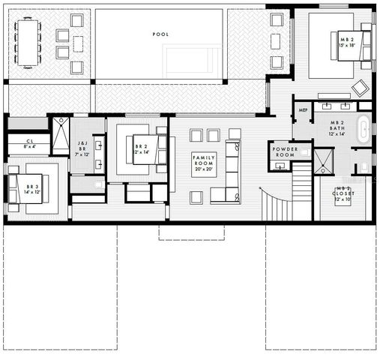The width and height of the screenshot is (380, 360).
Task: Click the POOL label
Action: [x=160, y=34]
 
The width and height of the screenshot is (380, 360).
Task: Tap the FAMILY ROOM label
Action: [x=205, y=163]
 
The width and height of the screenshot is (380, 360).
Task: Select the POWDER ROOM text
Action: [x=285, y=152]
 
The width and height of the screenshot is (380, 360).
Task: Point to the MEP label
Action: [x=304, y=110]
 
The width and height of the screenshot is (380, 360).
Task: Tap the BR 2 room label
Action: [x=142, y=148]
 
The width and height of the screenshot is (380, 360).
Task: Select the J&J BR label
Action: [x=82, y=148]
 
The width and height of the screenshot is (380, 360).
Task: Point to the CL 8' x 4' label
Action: [x=30, y=143]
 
